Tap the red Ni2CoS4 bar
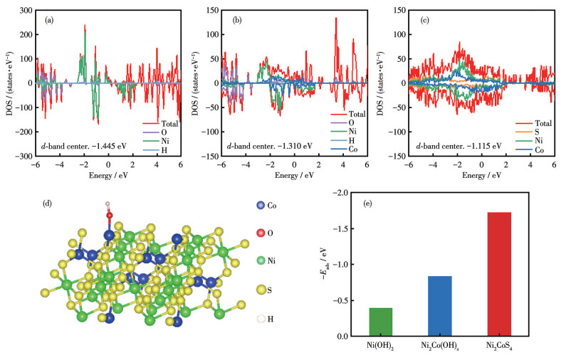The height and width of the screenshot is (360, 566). (x=500, y=274)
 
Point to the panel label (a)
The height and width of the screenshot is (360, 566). (x=50, y=20)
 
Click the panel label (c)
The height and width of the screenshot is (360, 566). (x=424, y=20)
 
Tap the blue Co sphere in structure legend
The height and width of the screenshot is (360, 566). (x=262, y=205)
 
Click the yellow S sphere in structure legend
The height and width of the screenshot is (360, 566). (x=262, y=290)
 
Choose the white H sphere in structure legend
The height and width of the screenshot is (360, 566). (x=262, y=319)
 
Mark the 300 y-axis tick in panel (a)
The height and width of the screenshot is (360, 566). (x=26, y=12)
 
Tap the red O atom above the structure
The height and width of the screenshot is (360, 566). (x=110, y=214)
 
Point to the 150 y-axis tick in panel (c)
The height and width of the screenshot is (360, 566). (x=400, y=12)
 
